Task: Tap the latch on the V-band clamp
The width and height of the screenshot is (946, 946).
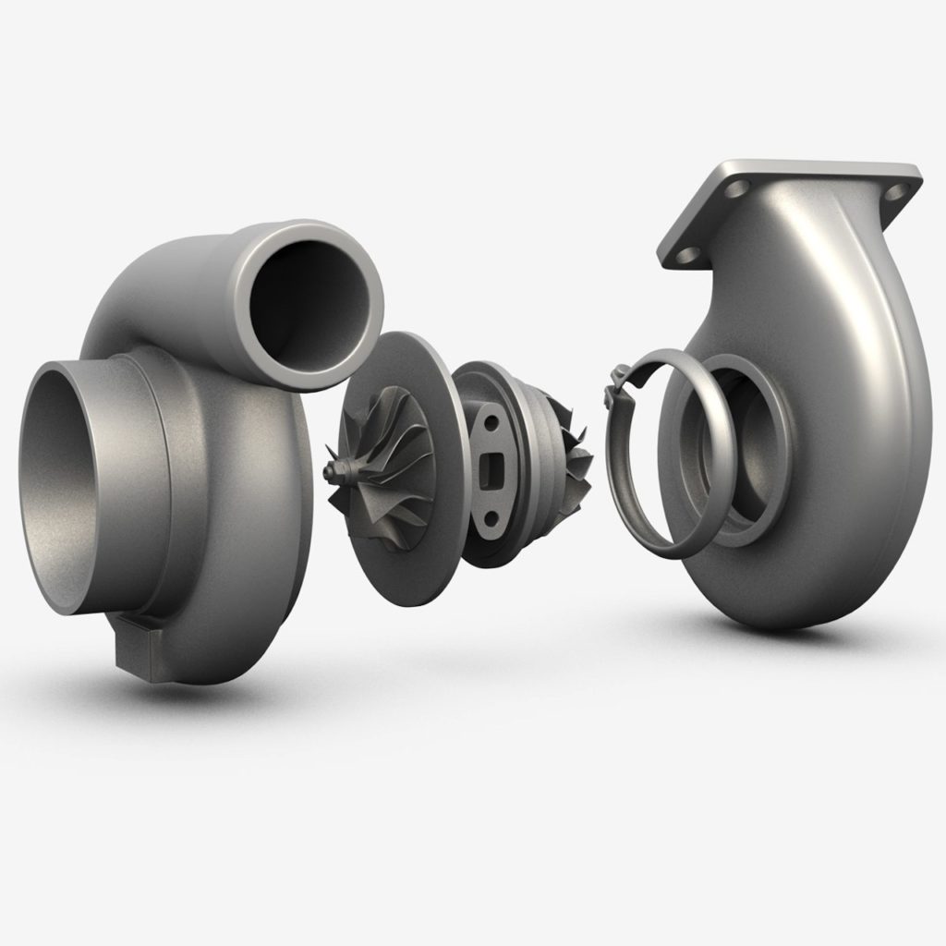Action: tap(614, 388)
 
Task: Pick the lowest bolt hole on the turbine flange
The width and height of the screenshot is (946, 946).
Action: tap(685, 252)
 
